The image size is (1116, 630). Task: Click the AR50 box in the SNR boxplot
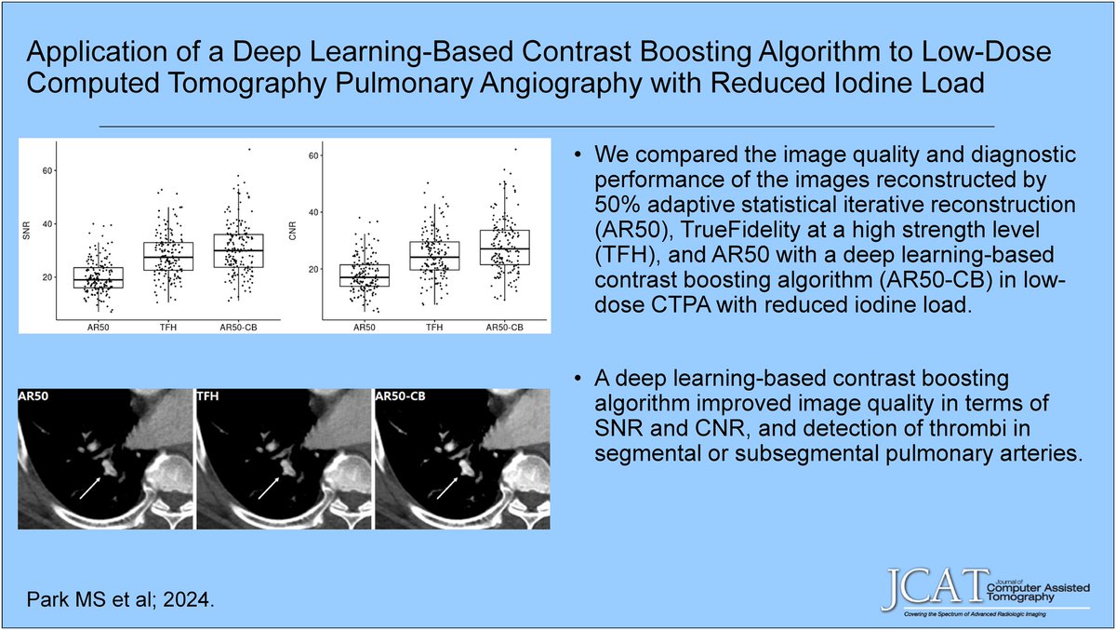click(98, 278)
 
